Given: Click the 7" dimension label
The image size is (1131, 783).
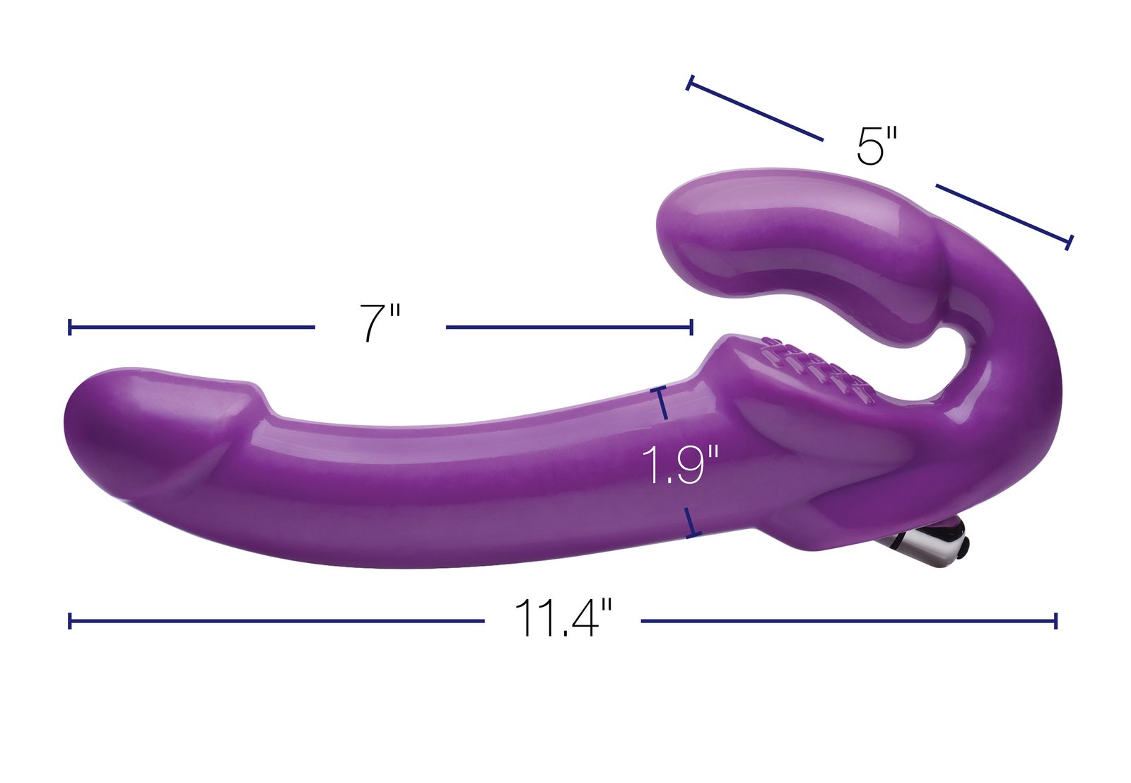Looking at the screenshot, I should (x=380, y=323).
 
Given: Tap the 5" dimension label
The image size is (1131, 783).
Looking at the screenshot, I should (x=877, y=146).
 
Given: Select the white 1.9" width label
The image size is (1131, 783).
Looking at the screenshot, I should (x=679, y=465).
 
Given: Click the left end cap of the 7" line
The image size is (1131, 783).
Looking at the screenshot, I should (x=69, y=327).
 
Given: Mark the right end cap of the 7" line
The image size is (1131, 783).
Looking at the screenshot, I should (x=691, y=327).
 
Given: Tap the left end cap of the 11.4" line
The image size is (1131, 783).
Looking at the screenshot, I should (x=69, y=621).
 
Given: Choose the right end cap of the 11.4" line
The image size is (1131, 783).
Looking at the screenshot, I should (x=1055, y=621).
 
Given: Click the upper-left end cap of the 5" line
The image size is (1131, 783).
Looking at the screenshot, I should (x=689, y=83).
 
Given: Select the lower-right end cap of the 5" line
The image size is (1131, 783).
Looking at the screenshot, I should (x=1069, y=242).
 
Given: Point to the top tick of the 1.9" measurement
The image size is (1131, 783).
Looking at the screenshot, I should (x=661, y=390).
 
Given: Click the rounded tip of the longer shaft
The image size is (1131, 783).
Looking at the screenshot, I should (x=78, y=424).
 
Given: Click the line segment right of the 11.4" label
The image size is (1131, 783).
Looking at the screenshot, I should (x=848, y=621).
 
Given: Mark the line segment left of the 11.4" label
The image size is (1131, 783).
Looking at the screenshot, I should (x=276, y=621).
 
